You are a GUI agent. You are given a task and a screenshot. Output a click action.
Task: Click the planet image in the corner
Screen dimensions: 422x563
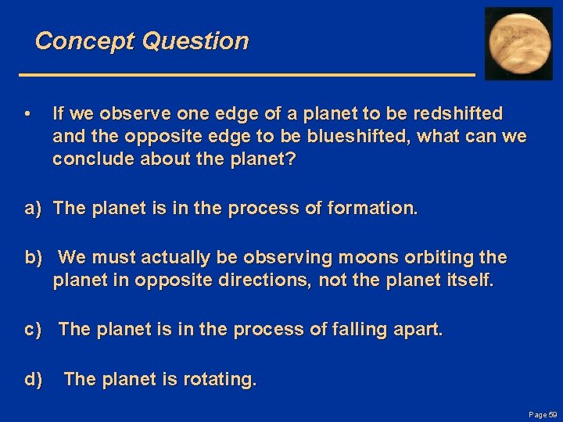point(518,43)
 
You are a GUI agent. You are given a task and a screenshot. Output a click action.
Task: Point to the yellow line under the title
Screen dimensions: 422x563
point(246,73)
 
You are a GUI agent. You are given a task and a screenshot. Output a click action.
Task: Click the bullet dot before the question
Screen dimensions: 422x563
point(27,114)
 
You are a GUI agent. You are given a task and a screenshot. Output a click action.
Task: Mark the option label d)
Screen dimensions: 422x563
point(33,380)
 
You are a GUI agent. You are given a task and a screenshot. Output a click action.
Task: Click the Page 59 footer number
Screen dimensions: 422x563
point(543,414)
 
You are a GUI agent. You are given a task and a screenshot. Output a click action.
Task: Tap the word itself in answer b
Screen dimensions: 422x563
point(470,280)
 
